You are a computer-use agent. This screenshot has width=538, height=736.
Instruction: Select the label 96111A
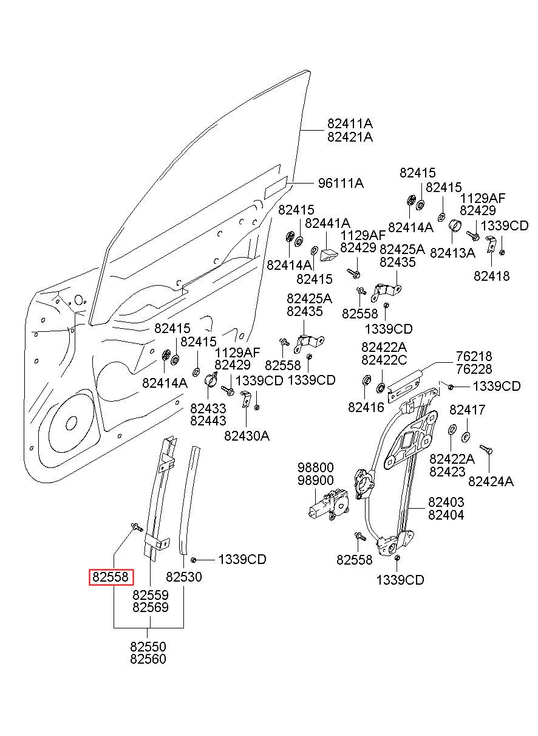(x=341, y=183)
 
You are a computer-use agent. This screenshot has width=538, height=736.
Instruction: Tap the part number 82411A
(x=350, y=123)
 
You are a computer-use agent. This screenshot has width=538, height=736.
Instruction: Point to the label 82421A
(x=350, y=136)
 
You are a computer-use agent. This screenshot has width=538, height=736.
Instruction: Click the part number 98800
(x=315, y=467)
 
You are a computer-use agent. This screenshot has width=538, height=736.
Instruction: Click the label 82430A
(x=247, y=436)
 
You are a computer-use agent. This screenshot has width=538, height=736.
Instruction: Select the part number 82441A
(x=327, y=223)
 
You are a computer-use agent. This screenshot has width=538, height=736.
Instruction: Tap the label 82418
(x=491, y=276)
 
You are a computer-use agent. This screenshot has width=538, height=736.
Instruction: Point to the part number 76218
(x=474, y=356)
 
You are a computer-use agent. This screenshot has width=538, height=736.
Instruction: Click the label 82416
(x=366, y=407)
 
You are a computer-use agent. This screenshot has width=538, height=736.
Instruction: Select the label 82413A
(x=452, y=253)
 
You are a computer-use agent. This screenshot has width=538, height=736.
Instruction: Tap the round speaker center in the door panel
(x=71, y=423)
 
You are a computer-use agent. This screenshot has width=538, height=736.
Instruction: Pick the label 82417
(x=467, y=410)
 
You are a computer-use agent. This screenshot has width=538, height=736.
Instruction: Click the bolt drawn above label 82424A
(x=486, y=449)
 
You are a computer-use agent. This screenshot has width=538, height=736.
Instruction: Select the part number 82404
(x=446, y=515)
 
